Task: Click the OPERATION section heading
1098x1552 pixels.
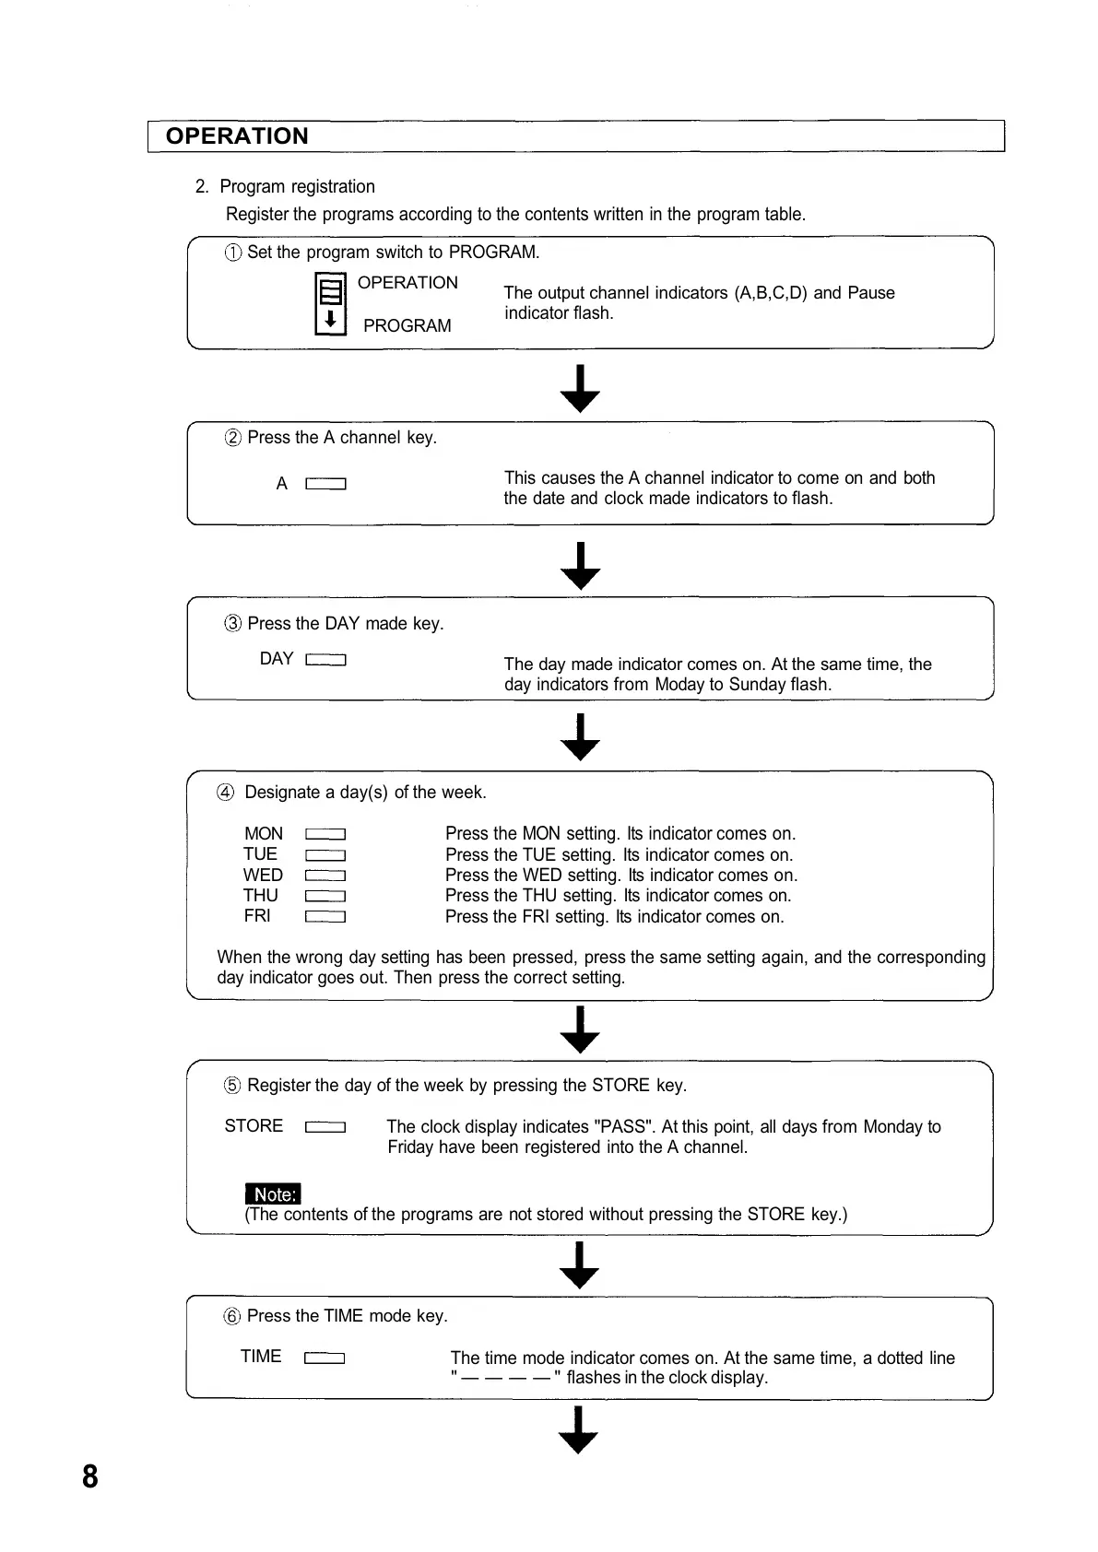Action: (237, 136)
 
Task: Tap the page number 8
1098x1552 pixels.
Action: (89, 1476)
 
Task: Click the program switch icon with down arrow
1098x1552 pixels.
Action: (330, 304)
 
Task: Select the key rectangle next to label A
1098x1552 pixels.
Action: (325, 484)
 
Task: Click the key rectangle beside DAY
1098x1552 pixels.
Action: (325, 660)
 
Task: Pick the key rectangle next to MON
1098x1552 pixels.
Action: (325, 835)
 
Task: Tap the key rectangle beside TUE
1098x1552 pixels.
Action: (325, 855)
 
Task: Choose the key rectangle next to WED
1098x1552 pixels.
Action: (325, 876)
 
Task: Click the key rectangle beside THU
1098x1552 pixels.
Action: (325, 897)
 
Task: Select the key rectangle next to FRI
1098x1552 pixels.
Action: (325, 917)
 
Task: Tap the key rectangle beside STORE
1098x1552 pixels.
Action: (325, 1127)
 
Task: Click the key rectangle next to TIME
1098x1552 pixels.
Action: (325, 1358)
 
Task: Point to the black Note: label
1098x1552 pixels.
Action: (273, 1194)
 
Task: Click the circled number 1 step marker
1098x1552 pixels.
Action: (233, 253)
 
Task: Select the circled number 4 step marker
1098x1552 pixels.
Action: (226, 793)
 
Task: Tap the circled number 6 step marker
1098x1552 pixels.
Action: (232, 1317)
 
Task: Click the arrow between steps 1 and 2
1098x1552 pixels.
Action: (580, 389)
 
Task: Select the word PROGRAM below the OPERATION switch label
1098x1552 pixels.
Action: (407, 326)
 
